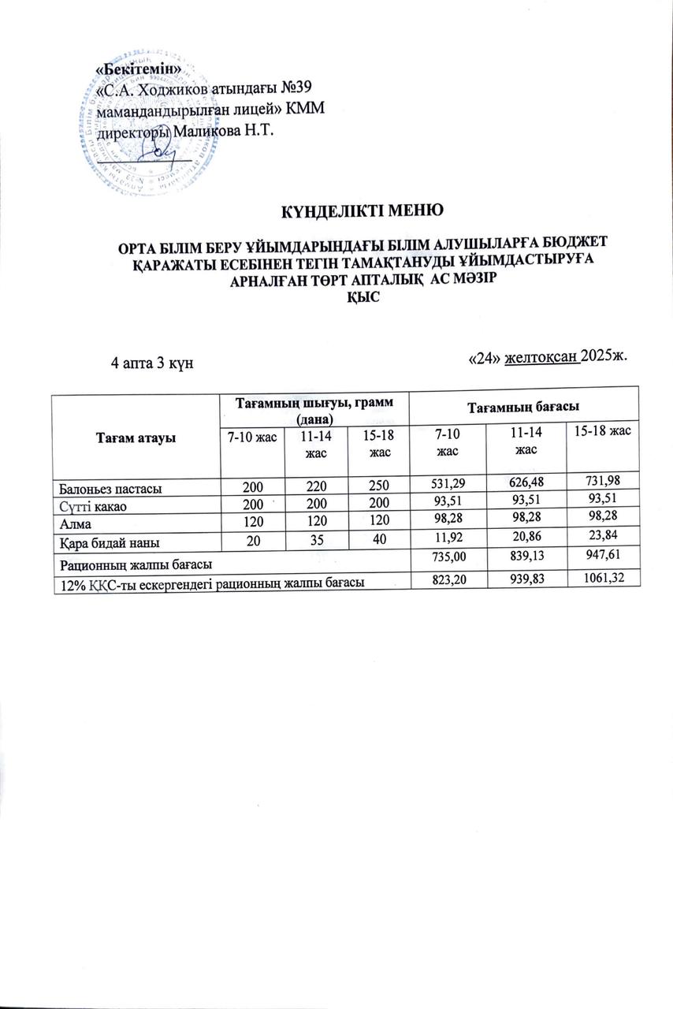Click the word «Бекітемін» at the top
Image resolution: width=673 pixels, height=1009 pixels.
pos(139,69)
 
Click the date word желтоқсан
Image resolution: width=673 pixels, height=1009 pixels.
pos(541,357)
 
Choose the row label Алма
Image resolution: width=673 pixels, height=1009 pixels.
pos(70,523)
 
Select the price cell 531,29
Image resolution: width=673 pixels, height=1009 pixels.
pos(448,489)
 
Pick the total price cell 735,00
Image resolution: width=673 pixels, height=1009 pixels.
pos(448,558)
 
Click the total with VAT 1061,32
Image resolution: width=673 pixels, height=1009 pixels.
pos(602,576)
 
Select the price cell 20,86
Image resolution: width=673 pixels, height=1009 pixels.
pos(526,541)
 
